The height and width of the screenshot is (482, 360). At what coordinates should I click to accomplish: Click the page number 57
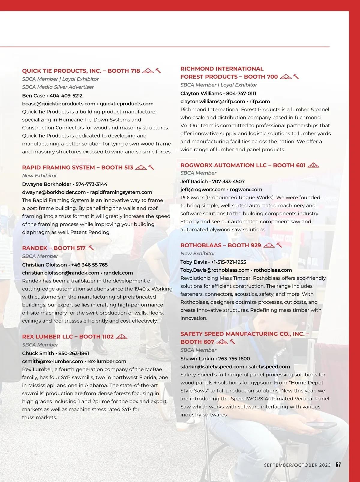coord(338,465)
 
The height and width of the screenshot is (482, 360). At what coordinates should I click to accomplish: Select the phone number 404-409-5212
coord(66,96)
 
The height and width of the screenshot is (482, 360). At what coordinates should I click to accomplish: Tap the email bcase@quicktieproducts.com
coord(58,104)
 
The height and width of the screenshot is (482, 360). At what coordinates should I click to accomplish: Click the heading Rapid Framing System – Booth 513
coord(77,167)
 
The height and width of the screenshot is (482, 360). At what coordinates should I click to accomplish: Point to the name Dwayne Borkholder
coord(46,184)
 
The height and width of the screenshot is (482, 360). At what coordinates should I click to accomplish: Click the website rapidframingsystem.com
coord(121,192)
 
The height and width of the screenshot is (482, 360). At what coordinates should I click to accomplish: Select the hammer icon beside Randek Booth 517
coord(91,248)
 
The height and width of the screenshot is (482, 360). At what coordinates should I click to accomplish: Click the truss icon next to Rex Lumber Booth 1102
coord(121,336)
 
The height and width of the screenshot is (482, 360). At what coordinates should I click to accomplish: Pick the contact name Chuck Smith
coord(38,354)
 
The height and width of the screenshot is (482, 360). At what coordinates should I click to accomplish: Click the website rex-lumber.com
coord(106,362)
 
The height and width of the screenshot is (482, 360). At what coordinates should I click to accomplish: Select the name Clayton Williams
coord(201,94)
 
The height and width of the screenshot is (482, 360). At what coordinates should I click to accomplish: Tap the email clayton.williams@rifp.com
coord(212,102)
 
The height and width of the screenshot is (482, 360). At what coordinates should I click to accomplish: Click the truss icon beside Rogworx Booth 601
coord(313,165)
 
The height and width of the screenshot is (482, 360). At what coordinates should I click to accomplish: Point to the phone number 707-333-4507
coord(228,182)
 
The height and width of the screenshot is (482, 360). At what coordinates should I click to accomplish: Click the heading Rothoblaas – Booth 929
coord(220,246)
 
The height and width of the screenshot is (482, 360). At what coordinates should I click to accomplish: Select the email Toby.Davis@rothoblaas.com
coord(215,270)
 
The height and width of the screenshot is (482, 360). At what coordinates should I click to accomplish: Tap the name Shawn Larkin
coord(197,359)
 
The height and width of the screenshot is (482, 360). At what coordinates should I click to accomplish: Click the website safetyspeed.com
coord(269,367)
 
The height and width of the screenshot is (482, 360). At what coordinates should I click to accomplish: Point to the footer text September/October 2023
coord(297,465)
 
